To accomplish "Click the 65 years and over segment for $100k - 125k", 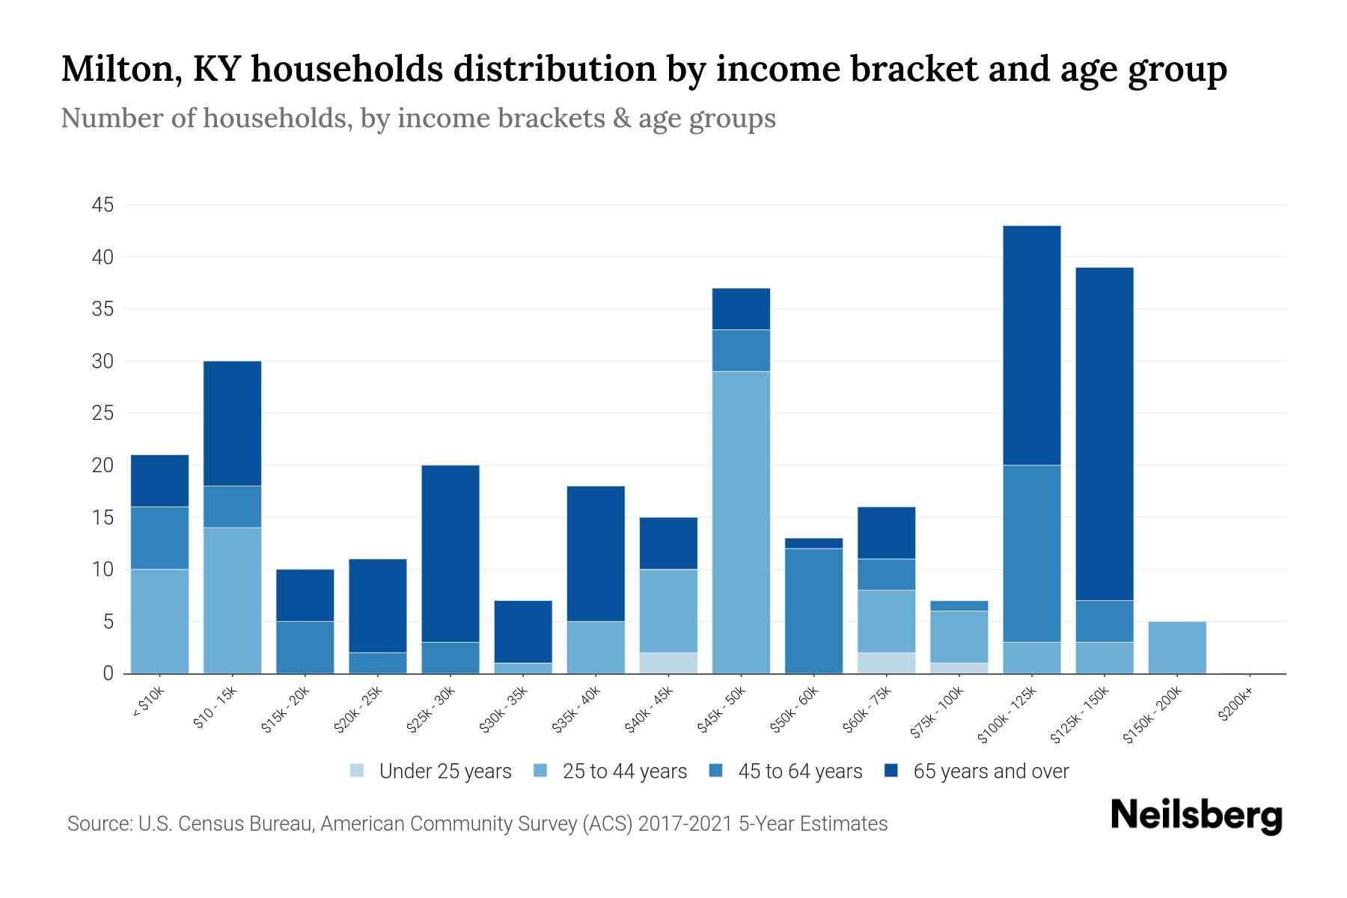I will pos(1031,345).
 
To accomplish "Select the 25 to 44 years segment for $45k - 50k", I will pos(741,522).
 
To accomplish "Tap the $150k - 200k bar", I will pos(1176,647).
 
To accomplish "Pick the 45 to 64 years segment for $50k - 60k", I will pos(813,611).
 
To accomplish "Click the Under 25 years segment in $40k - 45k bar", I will pos(668,663).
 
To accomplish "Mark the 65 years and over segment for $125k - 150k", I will pos(1104,433).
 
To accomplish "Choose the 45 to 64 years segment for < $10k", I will pos(159,538).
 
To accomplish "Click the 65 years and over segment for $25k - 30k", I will pos(450,553).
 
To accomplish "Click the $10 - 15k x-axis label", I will pos(215,707).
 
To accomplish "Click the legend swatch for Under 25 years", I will pos(358,771).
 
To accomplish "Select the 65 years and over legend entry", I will pos(990,772).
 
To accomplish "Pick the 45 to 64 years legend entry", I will pos(799,772).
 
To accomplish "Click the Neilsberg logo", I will pos(1196,816).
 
